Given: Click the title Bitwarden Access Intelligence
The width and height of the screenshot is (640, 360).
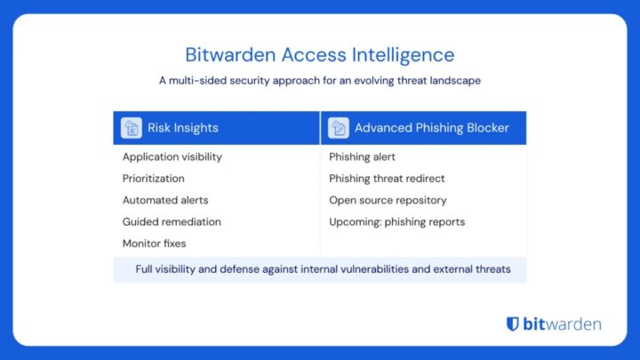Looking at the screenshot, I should (319, 55).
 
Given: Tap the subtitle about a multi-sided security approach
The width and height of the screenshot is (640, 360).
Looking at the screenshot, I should (319, 80).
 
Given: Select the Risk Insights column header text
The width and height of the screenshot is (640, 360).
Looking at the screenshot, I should (182, 128).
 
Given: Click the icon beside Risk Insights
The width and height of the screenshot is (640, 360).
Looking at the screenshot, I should (132, 128).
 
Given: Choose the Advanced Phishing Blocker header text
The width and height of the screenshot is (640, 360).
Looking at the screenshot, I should (431, 128).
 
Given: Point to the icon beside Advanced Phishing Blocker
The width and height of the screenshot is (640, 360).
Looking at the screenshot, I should (338, 128).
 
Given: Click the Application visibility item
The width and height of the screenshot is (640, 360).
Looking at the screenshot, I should (172, 157).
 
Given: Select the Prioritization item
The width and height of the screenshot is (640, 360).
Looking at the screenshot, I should (154, 179).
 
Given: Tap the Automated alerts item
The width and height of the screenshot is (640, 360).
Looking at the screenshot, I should (165, 200).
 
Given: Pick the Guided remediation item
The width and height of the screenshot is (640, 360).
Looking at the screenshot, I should (172, 221).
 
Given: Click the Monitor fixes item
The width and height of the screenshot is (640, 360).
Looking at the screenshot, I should (156, 243).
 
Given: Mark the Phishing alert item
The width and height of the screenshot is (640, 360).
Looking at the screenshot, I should (362, 157).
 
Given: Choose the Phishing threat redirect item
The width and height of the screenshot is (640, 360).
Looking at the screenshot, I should (387, 179).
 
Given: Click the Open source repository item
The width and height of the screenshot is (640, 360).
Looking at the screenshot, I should (388, 200).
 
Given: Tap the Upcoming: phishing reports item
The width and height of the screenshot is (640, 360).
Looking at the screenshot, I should (396, 221).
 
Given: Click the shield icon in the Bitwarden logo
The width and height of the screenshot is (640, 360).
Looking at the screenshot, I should (513, 324).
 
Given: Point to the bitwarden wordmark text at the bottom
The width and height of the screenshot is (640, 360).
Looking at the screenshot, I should (562, 324).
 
